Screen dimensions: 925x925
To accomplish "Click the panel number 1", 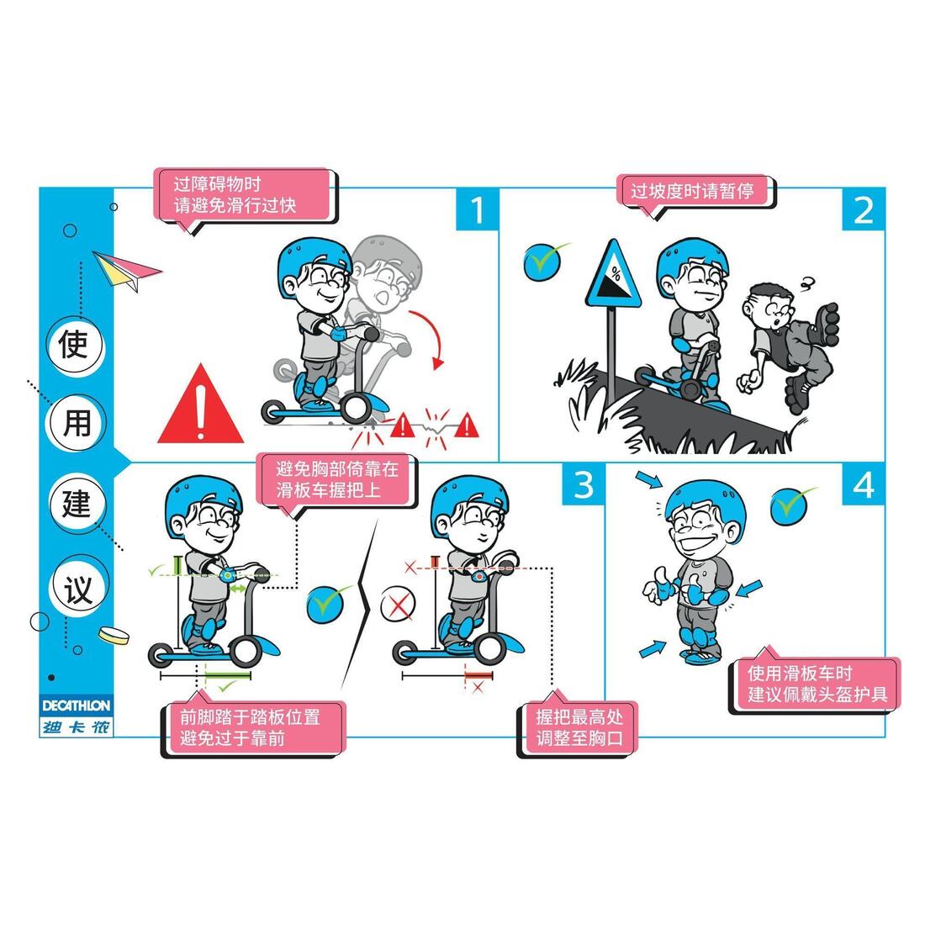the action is pos(477,209).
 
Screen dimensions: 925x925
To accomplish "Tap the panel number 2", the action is pos(863,210).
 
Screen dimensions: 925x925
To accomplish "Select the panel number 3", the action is pos(583,484).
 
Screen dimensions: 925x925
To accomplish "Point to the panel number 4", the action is pos(863,485).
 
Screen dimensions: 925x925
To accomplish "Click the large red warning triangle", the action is pos(201,407).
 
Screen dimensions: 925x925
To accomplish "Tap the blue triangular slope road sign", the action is pos(613,276).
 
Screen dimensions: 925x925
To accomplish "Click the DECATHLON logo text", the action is pos(76,705).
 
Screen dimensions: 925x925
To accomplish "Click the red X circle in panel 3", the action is pos(398,604).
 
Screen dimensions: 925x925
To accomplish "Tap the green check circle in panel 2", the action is pos(542,262).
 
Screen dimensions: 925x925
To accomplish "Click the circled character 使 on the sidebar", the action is pos(75,344).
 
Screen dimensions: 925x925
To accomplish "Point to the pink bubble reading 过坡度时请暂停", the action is pos(693,191).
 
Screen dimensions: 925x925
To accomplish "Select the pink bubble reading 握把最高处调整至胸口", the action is pos(579,728).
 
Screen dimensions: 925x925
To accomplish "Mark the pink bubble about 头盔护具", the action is pos(817,684).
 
